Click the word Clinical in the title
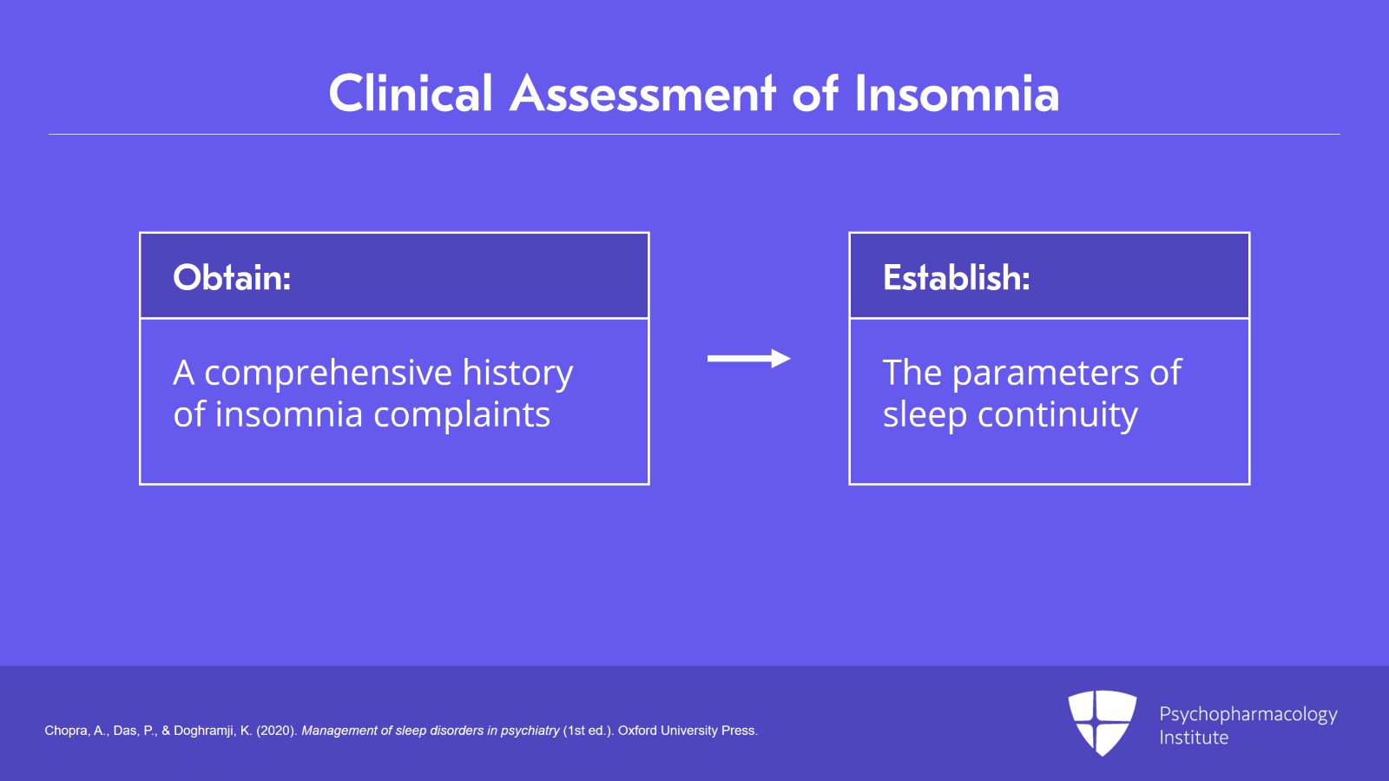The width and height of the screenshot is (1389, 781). pos(411,93)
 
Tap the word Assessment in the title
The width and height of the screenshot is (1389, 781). pos(642,93)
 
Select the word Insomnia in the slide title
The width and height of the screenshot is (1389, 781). pos(957,93)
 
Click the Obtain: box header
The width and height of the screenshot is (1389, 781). pos(394,276)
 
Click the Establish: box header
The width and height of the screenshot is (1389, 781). pos(1050,276)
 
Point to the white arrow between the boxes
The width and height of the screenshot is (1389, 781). pos(748,359)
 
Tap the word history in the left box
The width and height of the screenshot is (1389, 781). pos(517,374)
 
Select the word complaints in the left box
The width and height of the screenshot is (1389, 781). pos(462,415)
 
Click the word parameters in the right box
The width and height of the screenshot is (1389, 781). pos(1045,374)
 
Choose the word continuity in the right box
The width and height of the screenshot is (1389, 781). pos(1057,415)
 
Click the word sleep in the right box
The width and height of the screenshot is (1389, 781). pos(925,415)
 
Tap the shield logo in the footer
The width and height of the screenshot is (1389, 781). pos(1102,723)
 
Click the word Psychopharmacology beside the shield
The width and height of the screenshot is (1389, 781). pos(1248,715)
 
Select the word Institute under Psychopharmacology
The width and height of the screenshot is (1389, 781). pos(1194,738)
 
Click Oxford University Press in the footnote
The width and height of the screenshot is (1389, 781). pos(688,731)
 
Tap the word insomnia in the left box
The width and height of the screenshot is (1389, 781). pos(289,415)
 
